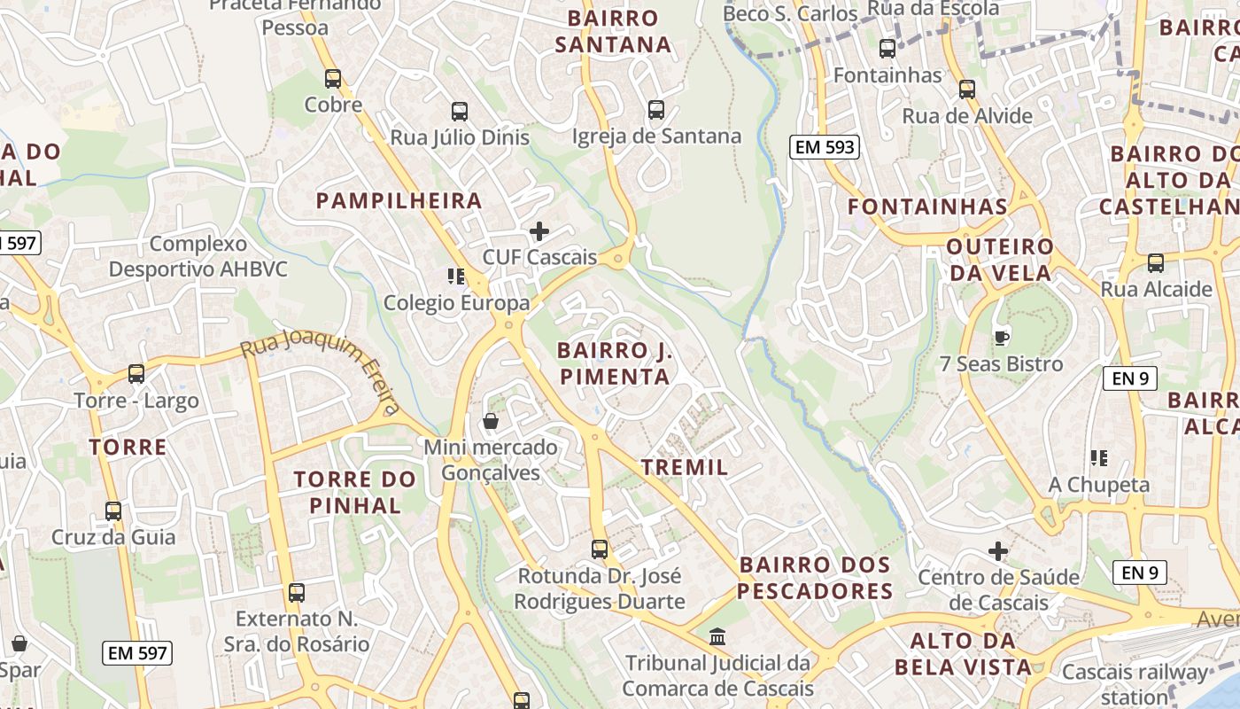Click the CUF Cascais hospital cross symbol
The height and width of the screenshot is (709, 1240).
539,232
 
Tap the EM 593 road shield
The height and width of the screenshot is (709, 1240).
825,147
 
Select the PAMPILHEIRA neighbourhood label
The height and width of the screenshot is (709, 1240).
399,201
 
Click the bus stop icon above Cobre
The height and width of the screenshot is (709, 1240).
333,79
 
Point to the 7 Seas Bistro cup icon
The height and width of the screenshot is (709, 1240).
1001,338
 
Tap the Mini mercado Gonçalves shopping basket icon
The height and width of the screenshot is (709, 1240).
490,421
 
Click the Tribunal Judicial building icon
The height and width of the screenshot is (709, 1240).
717,636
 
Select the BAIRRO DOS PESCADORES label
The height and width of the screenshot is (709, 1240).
815,578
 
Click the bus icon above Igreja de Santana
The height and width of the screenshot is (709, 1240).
655,110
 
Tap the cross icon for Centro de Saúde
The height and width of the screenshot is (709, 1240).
998,551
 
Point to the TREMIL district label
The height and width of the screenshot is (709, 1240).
684,467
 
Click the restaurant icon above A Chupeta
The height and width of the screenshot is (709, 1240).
1099,458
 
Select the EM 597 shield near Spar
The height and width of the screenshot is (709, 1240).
136,653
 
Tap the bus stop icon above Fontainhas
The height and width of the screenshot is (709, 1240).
887,49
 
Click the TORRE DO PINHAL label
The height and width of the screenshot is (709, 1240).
354,493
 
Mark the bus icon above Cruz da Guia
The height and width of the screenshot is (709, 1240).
113,511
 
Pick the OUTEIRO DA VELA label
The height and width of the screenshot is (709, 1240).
1000,259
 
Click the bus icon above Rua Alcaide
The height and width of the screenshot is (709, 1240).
1156,263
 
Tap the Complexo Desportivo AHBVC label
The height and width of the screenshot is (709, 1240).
198,256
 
